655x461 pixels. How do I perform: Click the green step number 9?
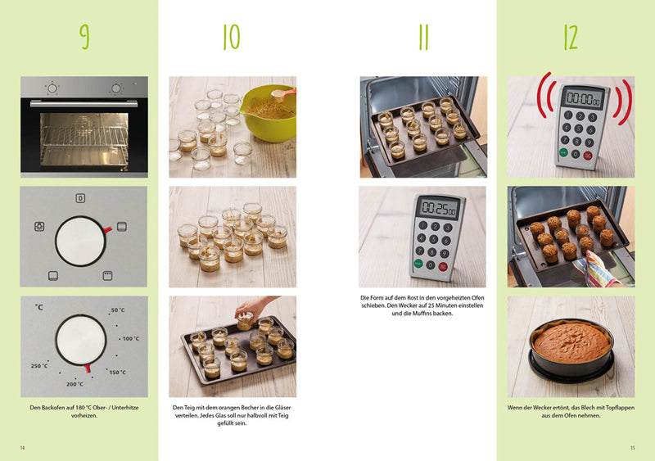(x=85, y=37)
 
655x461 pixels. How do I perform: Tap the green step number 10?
(x=232, y=37)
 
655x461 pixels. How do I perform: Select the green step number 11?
(x=423, y=37)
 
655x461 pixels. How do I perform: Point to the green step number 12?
(x=571, y=37)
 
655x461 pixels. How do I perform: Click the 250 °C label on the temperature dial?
(x=39, y=366)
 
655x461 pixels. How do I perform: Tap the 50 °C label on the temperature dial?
(x=118, y=310)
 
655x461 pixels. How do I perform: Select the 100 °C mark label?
(x=131, y=338)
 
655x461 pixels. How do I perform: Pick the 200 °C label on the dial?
(x=75, y=384)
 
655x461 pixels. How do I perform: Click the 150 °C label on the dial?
(x=117, y=372)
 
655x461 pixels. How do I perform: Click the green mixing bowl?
(x=269, y=114)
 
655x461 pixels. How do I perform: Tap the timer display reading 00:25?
(x=439, y=208)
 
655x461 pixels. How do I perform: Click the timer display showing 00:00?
(x=585, y=98)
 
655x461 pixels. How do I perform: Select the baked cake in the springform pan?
(x=571, y=343)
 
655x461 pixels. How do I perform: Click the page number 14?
(x=23, y=448)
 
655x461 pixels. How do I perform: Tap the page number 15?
(x=632, y=448)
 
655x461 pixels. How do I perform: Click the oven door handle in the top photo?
(x=84, y=103)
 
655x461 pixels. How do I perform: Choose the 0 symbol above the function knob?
(x=80, y=198)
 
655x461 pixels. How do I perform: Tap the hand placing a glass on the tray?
(x=255, y=307)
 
